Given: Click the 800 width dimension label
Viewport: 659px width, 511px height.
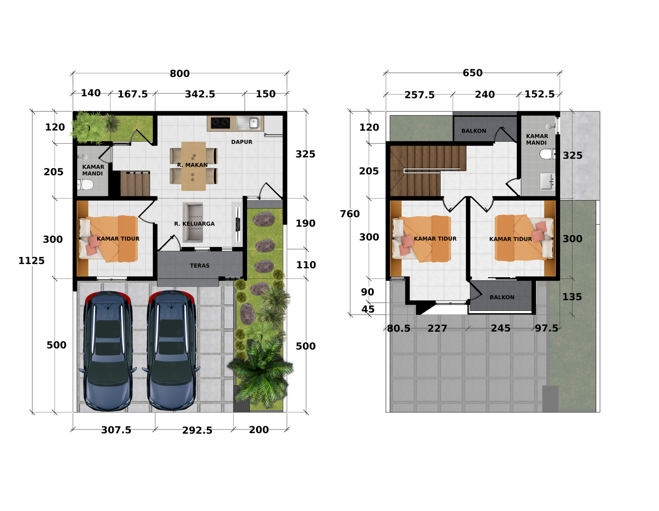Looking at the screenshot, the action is (x=180, y=74).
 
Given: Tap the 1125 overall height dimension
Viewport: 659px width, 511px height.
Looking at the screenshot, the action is (x=31, y=261).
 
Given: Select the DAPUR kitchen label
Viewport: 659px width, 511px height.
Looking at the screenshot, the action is (x=241, y=142).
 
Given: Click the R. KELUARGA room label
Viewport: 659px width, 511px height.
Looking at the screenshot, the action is (x=194, y=224).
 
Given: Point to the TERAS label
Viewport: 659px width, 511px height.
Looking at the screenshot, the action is (x=199, y=266).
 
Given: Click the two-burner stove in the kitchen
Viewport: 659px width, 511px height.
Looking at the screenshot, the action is (x=220, y=122).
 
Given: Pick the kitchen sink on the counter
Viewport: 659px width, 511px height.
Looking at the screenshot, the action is (x=248, y=123).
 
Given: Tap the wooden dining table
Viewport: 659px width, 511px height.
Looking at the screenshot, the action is (x=194, y=166).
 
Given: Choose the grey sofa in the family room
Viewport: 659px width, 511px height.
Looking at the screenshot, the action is (x=193, y=222).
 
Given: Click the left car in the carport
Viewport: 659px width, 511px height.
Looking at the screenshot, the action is (x=107, y=351).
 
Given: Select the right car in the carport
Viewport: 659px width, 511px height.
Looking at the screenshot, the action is (x=171, y=351).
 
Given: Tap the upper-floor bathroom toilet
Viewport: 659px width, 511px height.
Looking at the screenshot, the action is (x=547, y=154).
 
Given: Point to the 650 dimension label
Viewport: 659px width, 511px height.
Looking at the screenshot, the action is (x=472, y=73).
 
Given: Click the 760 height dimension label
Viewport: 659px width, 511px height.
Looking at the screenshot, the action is (x=350, y=214).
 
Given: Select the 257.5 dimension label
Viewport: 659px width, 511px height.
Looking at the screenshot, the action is (x=419, y=95).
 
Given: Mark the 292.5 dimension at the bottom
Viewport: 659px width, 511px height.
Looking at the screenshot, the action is (x=197, y=430).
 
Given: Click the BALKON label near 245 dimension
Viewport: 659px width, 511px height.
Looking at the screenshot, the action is (x=502, y=297).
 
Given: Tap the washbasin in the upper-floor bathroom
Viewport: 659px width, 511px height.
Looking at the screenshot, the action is (x=547, y=181).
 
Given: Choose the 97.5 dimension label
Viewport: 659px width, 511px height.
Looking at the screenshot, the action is (x=547, y=328).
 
